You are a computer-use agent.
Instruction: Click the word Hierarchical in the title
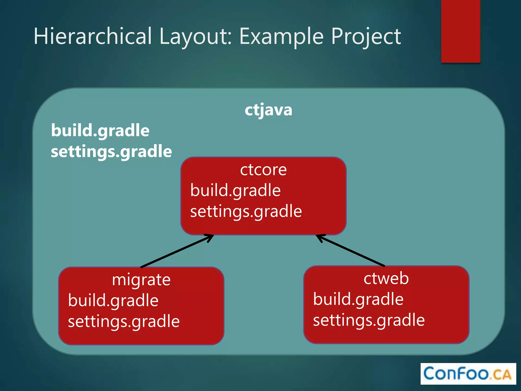pyautogui.click(x=93, y=36)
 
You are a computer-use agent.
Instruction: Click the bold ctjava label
pyautogui.click(x=268, y=110)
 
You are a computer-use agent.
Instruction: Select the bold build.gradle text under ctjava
pyautogui.click(x=100, y=131)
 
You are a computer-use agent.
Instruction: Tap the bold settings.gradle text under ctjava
pyautogui.click(x=111, y=151)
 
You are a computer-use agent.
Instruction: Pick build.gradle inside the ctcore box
pyautogui.click(x=235, y=190)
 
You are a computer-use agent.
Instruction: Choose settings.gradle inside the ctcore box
pyautogui.click(x=246, y=211)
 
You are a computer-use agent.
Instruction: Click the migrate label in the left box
pyautogui.click(x=141, y=280)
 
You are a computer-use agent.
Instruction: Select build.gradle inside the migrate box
pyautogui.click(x=113, y=301)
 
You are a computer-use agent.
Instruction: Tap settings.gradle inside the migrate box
pyautogui.click(x=124, y=322)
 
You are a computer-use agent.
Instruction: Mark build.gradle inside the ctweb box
pyautogui.click(x=358, y=299)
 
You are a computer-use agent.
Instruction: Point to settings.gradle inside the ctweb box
pyautogui.click(x=369, y=320)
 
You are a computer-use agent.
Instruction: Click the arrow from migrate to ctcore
pyautogui.click(x=177, y=251)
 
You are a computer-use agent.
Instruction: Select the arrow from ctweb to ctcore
pyautogui.click(x=351, y=250)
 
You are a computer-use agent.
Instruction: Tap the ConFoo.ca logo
pyautogui.click(x=468, y=374)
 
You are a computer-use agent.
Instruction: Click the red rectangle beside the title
pyautogui.click(x=460, y=31)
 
